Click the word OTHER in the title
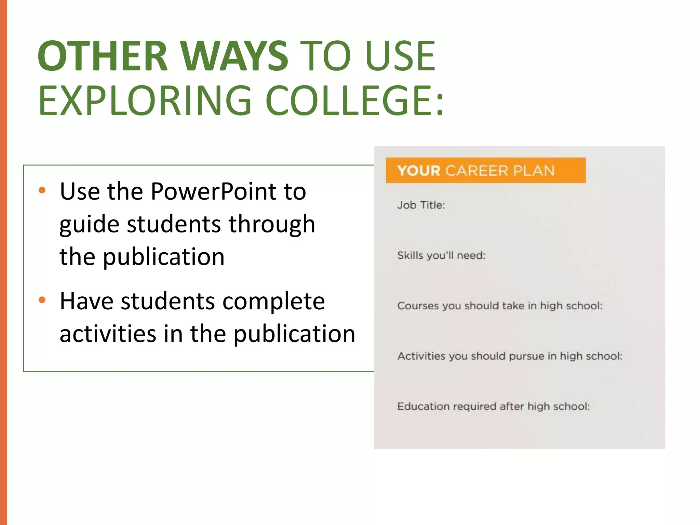pos(103,56)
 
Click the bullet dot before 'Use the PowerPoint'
pos(42,190)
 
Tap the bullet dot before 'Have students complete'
pos(42,300)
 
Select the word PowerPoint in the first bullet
pos(214,191)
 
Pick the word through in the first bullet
pos(272,225)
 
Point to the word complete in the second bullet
pos(273,301)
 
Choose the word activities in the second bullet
pos(108,334)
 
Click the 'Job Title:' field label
pos(421,205)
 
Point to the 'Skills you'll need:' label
pos(441,255)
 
